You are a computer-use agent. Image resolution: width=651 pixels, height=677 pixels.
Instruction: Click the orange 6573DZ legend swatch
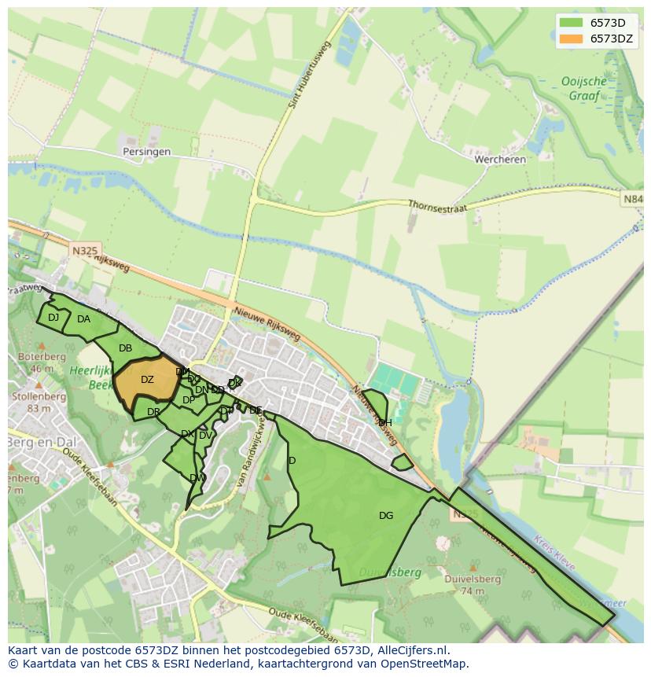point(572,39)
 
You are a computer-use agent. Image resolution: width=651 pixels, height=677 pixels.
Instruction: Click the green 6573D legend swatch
point(572,23)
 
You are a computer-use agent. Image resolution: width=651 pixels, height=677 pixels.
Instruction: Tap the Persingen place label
point(146,152)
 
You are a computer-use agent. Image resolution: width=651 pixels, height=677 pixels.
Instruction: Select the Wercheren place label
point(500,159)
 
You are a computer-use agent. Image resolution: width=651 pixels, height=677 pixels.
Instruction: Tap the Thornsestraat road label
point(437,206)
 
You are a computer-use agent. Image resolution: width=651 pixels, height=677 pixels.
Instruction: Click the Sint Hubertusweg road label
point(309,74)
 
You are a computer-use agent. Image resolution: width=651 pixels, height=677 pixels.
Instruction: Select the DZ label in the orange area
point(147,380)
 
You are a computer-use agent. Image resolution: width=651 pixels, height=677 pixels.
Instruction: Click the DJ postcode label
point(53,318)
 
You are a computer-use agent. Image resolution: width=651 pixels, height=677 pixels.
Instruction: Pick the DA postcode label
point(83,319)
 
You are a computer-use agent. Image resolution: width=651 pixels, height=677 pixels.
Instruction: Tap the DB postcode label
point(125,348)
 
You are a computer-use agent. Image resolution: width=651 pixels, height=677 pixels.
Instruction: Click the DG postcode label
point(385,516)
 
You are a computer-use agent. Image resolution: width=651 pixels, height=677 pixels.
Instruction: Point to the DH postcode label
point(385,423)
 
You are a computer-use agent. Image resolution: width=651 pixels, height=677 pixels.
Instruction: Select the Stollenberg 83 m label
point(38,403)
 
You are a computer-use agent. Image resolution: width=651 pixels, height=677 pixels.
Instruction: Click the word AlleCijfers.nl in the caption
point(410,650)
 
